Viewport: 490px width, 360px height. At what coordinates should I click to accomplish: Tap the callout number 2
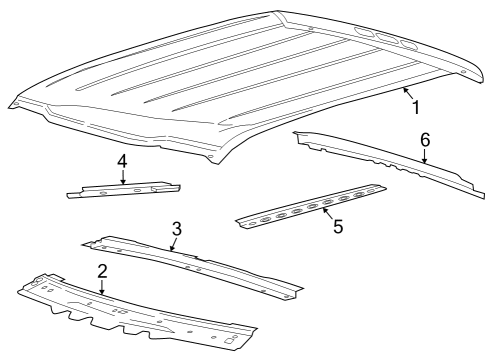tap(101, 272)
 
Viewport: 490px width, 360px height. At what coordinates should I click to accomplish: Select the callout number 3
tap(176, 230)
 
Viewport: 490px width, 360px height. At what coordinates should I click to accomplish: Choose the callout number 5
tap(338, 227)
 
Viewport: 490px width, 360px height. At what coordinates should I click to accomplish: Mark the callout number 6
tap(424, 141)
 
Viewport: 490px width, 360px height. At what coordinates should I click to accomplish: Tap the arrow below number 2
tap(101, 287)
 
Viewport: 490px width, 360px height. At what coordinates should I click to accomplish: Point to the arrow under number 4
tap(122, 177)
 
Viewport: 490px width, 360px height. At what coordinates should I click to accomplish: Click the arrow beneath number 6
tap(424, 156)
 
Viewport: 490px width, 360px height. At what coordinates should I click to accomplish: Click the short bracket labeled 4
tap(125, 190)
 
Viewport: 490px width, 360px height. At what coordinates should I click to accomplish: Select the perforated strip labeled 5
tap(310, 205)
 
